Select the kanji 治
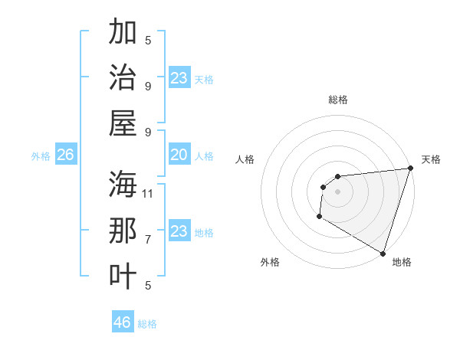[123, 77]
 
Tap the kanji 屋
[123, 122]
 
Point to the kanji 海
[123, 184]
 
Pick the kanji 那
[123, 231]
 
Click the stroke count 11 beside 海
[148, 192]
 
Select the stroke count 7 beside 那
[148, 239]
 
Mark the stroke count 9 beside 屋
[148, 131]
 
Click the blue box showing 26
[65, 155]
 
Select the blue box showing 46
[123, 322]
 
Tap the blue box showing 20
[179, 155]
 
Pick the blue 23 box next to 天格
[179, 78]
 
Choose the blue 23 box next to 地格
[179, 232]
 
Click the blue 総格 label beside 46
[147, 324]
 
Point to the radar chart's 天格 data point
[410, 169]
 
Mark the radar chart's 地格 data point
[383, 254]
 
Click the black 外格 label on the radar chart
[270, 262]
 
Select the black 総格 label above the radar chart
[337, 100]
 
